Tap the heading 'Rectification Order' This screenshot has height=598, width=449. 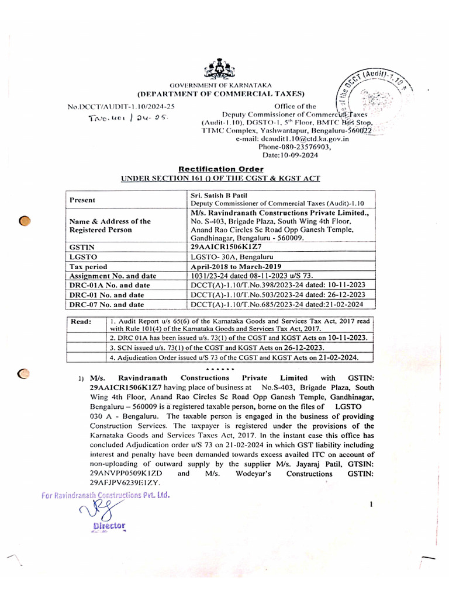click(220, 169)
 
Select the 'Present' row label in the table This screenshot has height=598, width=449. click(82, 200)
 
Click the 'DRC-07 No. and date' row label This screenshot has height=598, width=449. click(106, 304)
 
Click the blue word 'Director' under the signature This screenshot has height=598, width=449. click(109, 526)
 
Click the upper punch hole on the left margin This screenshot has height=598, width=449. click(25, 220)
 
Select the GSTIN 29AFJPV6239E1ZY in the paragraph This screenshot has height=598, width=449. click(125, 482)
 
